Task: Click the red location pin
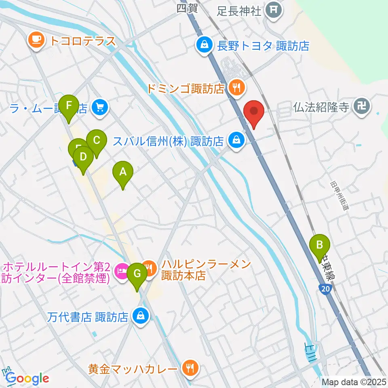(254, 112)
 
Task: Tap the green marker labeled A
(122, 173)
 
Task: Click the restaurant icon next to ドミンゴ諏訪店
(236, 86)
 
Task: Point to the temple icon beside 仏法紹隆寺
(360, 106)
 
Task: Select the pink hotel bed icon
(122, 269)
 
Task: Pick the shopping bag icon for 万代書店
(140, 315)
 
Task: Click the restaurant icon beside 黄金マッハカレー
(189, 368)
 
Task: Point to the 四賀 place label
(187, 8)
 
